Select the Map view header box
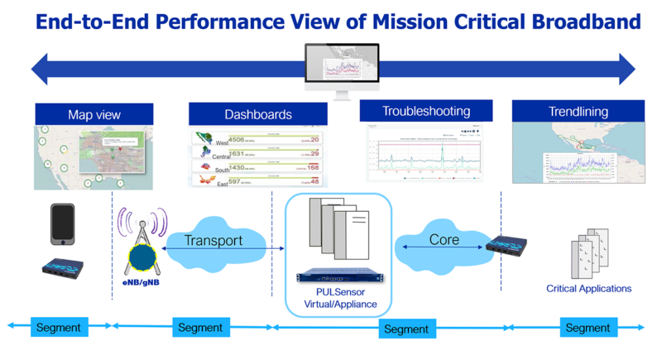click(x=94, y=114)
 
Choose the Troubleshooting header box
click(x=425, y=111)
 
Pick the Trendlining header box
click(x=578, y=111)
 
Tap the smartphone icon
click(x=63, y=223)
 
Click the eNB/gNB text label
click(x=138, y=282)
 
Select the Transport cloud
click(x=213, y=241)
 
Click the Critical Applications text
click(x=588, y=289)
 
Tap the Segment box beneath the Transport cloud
click(x=200, y=328)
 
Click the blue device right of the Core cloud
click(x=507, y=244)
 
